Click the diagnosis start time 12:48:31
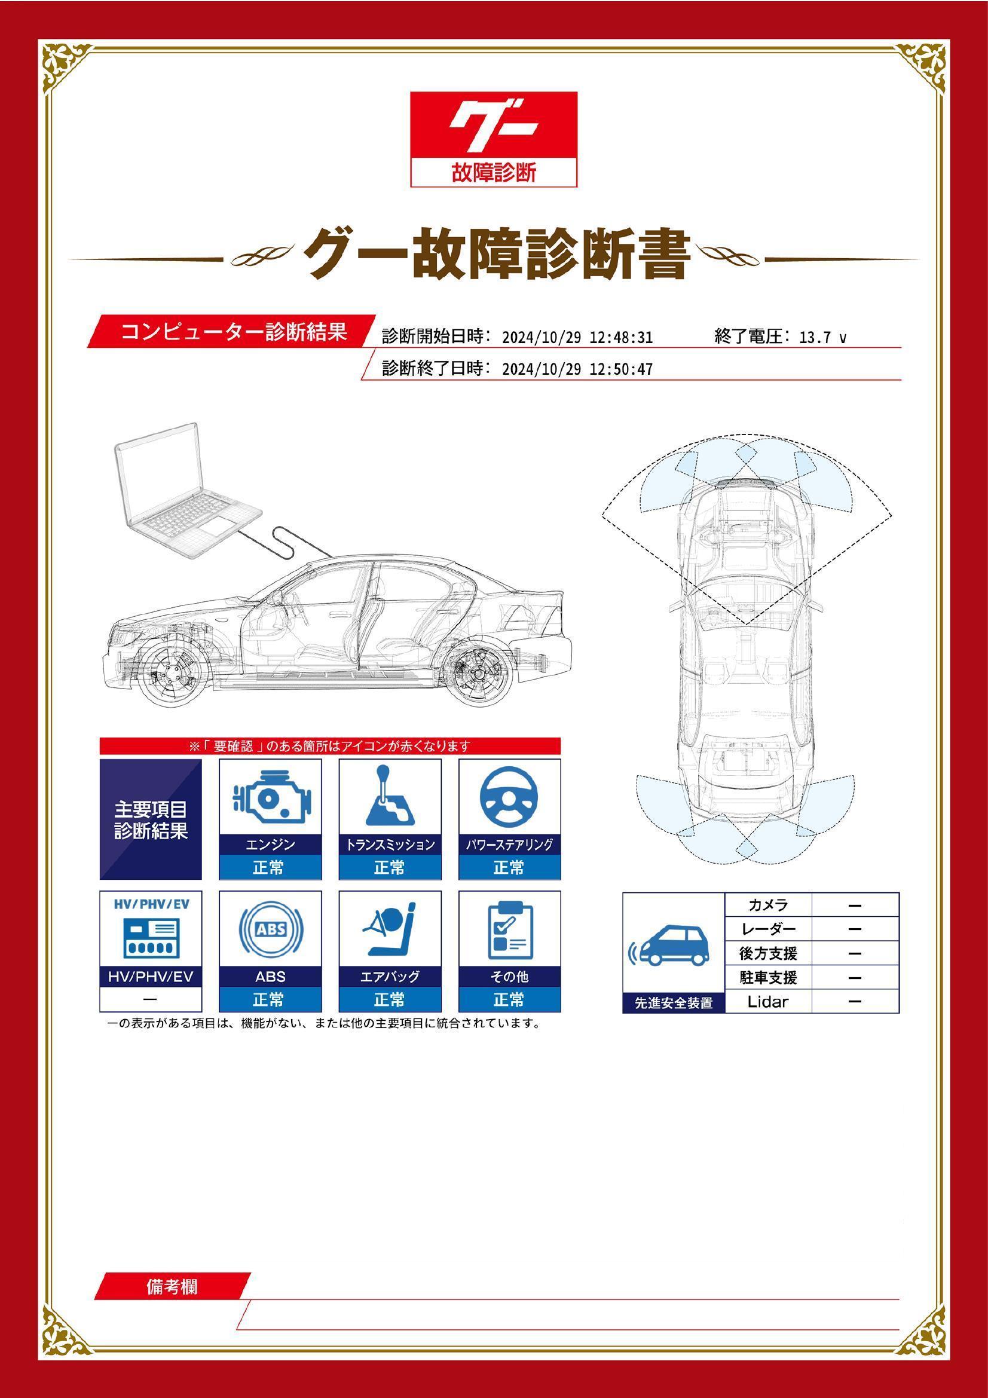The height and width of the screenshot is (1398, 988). point(621,338)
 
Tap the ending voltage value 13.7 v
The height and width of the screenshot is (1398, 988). point(822,338)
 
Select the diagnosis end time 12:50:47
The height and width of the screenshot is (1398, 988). point(621,369)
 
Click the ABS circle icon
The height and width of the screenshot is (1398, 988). point(270,930)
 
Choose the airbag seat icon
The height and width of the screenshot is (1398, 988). point(390,930)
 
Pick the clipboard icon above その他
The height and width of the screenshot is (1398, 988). point(509,930)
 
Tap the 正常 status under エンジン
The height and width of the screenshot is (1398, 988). point(270,868)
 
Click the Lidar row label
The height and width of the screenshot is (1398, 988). point(767,1002)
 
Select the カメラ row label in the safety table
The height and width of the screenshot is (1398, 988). point(767,905)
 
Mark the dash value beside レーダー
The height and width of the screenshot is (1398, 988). point(855,929)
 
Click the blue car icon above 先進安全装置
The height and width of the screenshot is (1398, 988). point(672,947)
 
